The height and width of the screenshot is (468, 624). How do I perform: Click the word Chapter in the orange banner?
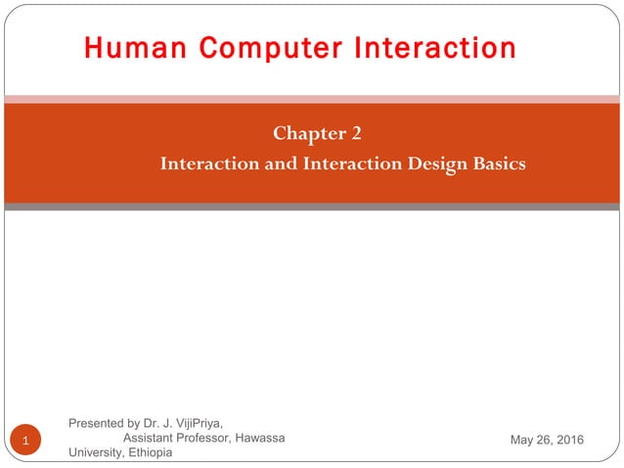click(304, 133)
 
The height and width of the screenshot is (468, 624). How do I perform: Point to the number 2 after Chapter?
click(356, 133)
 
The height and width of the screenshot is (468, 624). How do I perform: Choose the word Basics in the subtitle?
click(499, 163)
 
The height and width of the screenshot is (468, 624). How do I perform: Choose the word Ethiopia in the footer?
click(149, 452)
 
